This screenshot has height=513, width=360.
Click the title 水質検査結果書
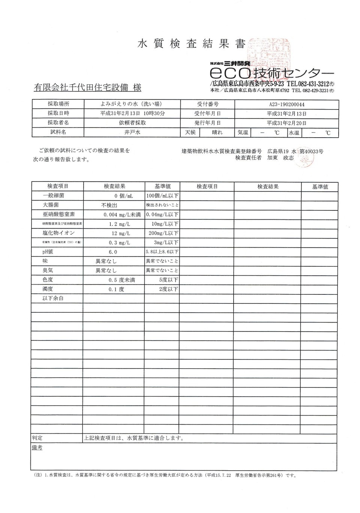pyautogui.click(x=191, y=44)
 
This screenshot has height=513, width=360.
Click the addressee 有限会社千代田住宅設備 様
pyautogui.click(x=87, y=88)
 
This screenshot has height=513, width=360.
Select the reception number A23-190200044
pyautogui.click(x=286, y=105)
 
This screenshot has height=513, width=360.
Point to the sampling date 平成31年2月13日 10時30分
pyautogui.click(x=132, y=113)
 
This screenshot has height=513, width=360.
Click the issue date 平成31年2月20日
pyautogui.click(x=286, y=123)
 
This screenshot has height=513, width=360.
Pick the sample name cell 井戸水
pyautogui.click(x=132, y=132)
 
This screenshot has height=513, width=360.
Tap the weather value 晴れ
pyautogui.click(x=217, y=132)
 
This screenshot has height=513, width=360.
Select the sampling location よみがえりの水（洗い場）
pyautogui.click(x=132, y=104)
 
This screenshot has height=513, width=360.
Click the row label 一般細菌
pyautogui.click(x=53, y=196)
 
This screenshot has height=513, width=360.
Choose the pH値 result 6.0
pyautogui.click(x=113, y=252)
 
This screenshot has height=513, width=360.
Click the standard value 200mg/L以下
pyautogui.click(x=163, y=233)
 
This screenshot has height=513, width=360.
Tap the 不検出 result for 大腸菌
pyautogui.click(x=109, y=205)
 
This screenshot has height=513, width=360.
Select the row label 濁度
pyautogui.click(x=48, y=289)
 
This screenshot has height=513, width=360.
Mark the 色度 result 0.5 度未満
pyautogui.click(x=119, y=280)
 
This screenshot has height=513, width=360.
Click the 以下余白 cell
pyautogui.click(x=53, y=298)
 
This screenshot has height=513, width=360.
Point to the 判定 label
pyautogui.click(x=37, y=438)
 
